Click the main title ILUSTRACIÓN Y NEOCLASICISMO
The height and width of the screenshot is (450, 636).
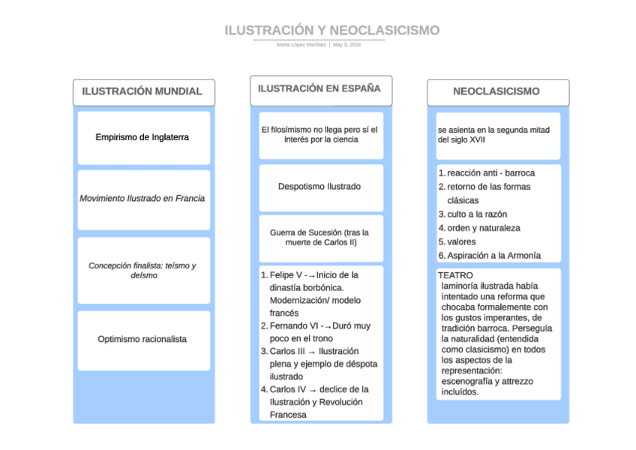tap(331, 31)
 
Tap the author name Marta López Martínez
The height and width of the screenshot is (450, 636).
tap(301, 45)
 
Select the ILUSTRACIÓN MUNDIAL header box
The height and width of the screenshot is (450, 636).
tap(142, 91)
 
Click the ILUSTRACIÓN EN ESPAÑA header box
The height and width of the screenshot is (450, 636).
tap(319, 88)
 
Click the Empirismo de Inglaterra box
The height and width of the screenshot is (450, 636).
tap(142, 137)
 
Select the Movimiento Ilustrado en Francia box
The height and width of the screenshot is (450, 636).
tap(142, 199)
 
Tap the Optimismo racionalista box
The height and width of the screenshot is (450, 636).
tap(142, 339)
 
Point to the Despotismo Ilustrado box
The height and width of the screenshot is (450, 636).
tap(319, 187)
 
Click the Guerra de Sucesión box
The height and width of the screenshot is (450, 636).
tap(319, 238)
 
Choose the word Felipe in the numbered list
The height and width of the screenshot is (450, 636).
tap(283, 275)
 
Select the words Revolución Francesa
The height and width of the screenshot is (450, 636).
tap(316, 408)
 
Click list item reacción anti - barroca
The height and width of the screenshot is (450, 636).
tap(491, 173)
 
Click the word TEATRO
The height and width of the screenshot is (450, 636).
tap(455, 276)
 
